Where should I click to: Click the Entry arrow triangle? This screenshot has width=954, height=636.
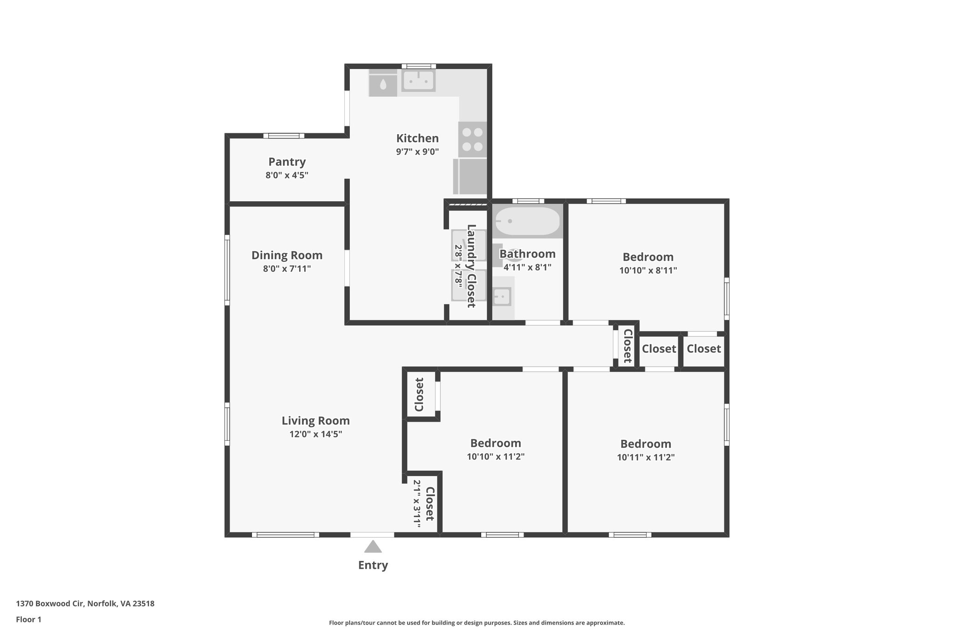[x=373, y=547]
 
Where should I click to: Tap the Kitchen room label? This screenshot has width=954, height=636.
[x=417, y=138]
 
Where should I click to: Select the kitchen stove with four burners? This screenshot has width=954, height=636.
[x=472, y=139]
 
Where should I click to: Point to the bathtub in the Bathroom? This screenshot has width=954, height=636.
[x=527, y=221]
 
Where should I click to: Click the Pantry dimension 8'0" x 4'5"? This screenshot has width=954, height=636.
[x=287, y=176]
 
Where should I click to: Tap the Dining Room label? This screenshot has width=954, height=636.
[x=287, y=255]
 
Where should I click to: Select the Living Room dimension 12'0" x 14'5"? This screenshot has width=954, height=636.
[x=315, y=434]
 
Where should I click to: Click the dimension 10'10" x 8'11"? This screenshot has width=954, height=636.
[x=648, y=270]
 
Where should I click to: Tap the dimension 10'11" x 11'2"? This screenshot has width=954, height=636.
[x=646, y=458]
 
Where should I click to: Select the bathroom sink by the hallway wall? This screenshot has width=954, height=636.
[x=502, y=296]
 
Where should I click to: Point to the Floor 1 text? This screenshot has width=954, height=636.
[x=28, y=619]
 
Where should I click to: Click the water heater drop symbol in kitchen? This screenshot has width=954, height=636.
[x=383, y=84]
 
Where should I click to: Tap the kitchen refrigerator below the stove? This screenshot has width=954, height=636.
[x=470, y=177]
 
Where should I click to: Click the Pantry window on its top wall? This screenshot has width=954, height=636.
[x=284, y=136]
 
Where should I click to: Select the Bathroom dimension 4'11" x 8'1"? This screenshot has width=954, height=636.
[x=527, y=267]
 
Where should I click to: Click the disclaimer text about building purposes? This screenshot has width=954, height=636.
[x=477, y=622]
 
